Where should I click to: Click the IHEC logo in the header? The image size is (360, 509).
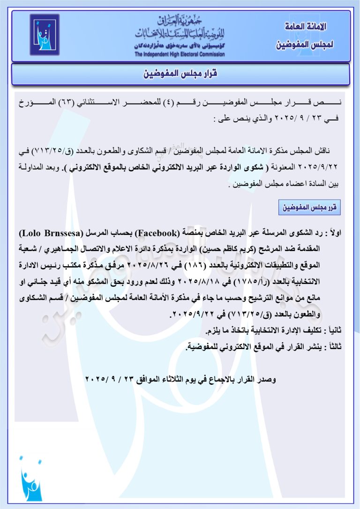[45, 35]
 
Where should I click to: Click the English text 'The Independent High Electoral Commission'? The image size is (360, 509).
[180, 54]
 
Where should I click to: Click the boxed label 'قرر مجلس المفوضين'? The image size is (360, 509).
[310, 207]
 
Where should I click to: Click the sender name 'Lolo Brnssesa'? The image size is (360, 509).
[47, 233]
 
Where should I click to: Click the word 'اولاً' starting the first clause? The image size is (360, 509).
[334, 233]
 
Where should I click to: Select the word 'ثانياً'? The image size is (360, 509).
[333, 331]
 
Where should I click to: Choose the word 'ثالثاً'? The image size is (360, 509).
[334, 347]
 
